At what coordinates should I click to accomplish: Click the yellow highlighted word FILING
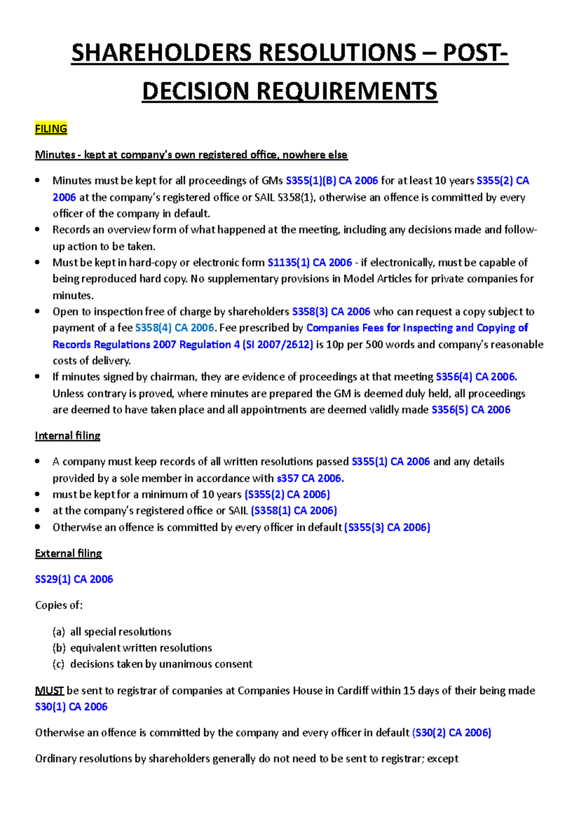(x=51, y=129)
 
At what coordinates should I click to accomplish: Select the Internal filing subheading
(x=68, y=436)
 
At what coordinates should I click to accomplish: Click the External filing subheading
(x=69, y=553)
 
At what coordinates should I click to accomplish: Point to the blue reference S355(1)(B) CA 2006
(x=331, y=181)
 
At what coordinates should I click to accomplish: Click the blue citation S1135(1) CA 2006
(x=310, y=262)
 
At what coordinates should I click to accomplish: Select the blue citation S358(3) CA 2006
(x=331, y=312)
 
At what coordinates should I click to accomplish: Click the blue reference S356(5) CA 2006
(x=470, y=410)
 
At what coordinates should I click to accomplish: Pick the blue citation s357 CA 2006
(x=310, y=478)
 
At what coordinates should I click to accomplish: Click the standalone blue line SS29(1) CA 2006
(x=74, y=579)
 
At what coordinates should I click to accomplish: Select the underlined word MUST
(x=49, y=691)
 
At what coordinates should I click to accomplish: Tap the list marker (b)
(x=58, y=648)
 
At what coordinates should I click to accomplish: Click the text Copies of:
(x=59, y=605)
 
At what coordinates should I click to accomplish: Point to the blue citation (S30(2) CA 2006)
(x=452, y=733)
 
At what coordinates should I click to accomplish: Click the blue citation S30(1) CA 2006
(x=71, y=707)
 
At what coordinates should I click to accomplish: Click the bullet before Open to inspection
(x=38, y=312)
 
